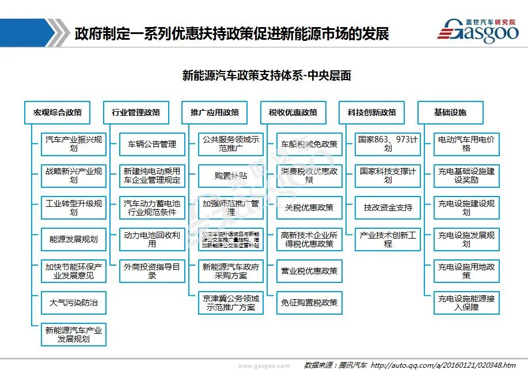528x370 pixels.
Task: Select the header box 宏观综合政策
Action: tap(58, 112)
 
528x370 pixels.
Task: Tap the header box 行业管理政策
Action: tap(136, 112)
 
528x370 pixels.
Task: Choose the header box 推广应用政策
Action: tap(215, 112)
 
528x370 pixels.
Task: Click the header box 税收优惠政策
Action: tap(293, 112)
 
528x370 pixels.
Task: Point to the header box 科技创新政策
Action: tap(372, 112)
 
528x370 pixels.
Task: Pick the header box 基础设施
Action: tap(450, 112)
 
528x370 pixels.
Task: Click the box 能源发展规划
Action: tap(74, 239)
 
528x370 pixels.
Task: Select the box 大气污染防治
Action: tap(74, 302)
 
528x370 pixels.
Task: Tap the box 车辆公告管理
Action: tap(152, 144)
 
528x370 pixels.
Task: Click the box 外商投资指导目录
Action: tap(152, 271)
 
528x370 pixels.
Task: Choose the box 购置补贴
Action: tap(231, 176)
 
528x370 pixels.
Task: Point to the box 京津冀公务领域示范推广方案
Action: tap(231, 303)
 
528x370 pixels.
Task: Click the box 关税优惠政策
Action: tap(309, 207)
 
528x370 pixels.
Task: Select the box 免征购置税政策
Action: tap(309, 303)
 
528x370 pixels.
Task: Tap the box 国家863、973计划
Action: tap(388, 144)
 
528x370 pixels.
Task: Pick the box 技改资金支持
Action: tap(388, 207)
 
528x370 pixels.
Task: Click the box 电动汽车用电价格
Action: tap(466, 144)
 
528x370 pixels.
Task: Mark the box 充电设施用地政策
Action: tap(466, 271)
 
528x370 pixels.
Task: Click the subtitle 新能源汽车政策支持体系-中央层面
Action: tap(267, 75)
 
